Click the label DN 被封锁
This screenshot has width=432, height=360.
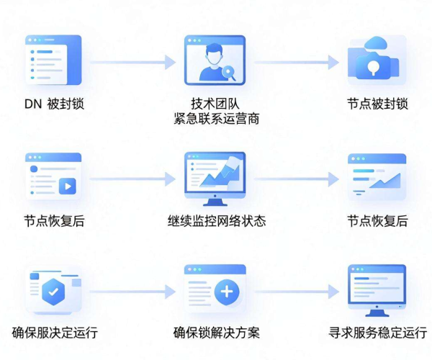point(54,104)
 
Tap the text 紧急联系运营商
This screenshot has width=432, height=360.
point(217,119)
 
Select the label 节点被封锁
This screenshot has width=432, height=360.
point(377,104)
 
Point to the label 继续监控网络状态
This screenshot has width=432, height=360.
point(217,221)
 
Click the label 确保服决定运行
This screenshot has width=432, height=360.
point(55,333)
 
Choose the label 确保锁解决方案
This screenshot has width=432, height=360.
point(217,333)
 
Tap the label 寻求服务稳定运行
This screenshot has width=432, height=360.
point(377,333)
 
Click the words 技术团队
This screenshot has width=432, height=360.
point(215,104)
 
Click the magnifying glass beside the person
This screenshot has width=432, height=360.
point(229,73)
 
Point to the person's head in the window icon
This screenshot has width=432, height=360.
point(215,55)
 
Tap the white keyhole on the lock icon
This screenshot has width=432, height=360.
point(373,67)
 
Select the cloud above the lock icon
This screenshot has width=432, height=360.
point(375,43)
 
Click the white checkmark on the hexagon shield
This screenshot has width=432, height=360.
point(53,292)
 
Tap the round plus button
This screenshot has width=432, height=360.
point(227,292)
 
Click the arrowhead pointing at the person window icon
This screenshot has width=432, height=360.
point(170,62)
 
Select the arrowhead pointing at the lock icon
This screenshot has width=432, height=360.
point(333,62)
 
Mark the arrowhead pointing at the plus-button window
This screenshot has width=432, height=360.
point(170,292)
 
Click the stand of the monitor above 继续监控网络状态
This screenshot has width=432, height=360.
point(215,202)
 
